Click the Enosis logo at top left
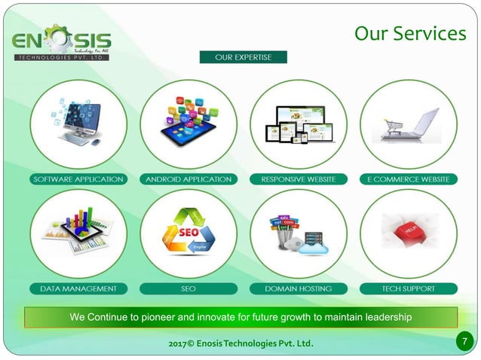point(62,44)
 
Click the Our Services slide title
point(409,34)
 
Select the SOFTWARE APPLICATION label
point(78,179)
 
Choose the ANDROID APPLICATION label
point(188,179)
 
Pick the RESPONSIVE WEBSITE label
point(298,179)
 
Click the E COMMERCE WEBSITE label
point(408,179)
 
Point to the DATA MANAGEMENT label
point(78,288)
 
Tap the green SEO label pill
point(188,288)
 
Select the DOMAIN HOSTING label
point(298,288)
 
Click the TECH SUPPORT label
point(408,288)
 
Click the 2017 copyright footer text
point(241,344)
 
